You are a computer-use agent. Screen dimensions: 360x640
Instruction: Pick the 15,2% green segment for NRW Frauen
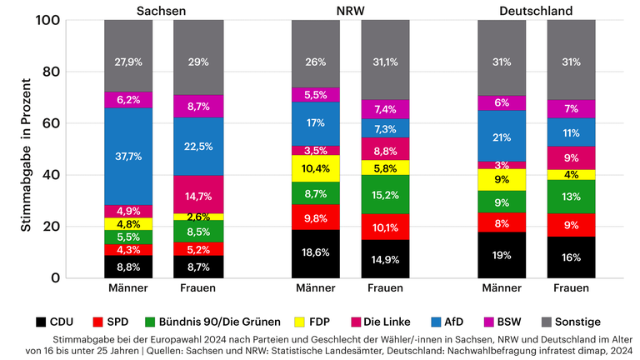(386, 194)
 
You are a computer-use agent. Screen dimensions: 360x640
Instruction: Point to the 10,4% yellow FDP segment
(316, 168)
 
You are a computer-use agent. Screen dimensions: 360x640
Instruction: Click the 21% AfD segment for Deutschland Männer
(502, 137)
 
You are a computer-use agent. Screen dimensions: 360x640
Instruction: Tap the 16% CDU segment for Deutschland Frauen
(572, 257)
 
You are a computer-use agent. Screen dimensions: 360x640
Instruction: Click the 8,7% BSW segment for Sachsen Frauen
(198, 107)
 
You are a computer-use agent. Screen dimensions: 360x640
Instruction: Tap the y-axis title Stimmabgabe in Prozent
(26, 150)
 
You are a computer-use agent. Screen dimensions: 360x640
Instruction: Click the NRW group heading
(351, 10)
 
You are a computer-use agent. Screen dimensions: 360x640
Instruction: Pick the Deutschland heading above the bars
(537, 10)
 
